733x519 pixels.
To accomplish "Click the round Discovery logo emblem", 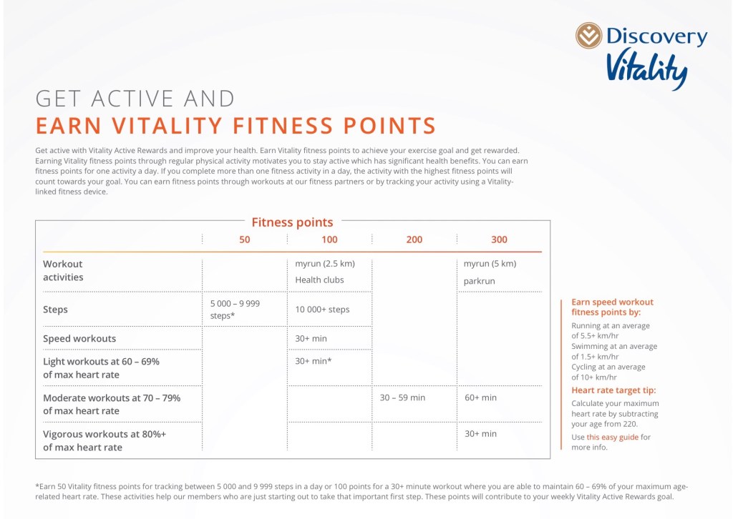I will click(x=589, y=35).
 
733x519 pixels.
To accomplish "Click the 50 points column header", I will click(x=245, y=239).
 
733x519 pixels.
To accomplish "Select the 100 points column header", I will click(x=329, y=239).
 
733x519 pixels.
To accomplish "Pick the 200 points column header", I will click(x=414, y=239).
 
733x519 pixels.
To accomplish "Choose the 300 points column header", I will click(x=499, y=239).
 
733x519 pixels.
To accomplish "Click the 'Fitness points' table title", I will click(x=292, y=222).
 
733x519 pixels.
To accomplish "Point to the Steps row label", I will click(x=56, y=310).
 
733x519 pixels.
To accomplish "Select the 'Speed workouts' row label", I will click(x=79, y=338).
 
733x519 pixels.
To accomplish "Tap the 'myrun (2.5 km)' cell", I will click(x=325, y=263).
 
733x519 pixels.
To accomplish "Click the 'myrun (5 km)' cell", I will click(x=490, y=263).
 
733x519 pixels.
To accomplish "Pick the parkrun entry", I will click(x=480, y=281).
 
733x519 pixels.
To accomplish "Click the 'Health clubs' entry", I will click(x=319, y=280).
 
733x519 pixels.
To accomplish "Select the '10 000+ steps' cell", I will click(x=322, y=310).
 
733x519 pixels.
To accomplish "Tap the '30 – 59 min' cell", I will click(x=402, y=397).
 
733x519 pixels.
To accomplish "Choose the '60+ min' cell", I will click(x=480, y=397).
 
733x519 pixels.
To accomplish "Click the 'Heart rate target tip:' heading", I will click(x=613, y=390).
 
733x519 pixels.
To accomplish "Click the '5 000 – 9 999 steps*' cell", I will click(x=235, y=309).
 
